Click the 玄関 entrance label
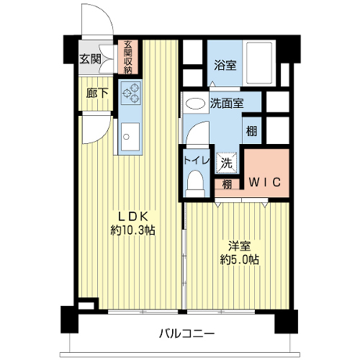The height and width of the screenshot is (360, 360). tap(90, 59)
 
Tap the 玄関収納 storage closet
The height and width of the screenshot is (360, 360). tap(128, 57)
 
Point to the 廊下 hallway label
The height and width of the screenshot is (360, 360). tap(97, 93)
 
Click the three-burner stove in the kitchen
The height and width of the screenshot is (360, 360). tap(130, 93)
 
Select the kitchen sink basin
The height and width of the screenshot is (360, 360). tap(130, 137)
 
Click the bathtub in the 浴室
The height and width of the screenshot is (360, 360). tap(259, 63)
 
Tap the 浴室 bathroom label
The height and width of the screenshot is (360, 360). tap(225, 65)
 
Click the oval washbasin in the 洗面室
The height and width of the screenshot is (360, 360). tap(196, 104)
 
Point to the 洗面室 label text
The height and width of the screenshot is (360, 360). tap(227, 104)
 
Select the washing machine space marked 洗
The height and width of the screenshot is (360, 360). tap(227, 163)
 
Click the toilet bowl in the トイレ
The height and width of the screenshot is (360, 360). tap(195, 184)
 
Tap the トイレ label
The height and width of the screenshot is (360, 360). tap(197, 161)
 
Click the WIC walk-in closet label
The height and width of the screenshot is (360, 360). tap(264, 182)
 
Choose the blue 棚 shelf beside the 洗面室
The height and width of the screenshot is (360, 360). tap(252, 130)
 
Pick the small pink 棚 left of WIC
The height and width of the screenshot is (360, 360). tap(227, 184)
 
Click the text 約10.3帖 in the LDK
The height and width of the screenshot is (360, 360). tap(132, 230)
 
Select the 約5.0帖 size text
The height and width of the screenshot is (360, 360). tap(239, 259)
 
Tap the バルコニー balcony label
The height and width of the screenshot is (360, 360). tap(186, 333)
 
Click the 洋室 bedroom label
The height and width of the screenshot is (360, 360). tap(239, 246)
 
